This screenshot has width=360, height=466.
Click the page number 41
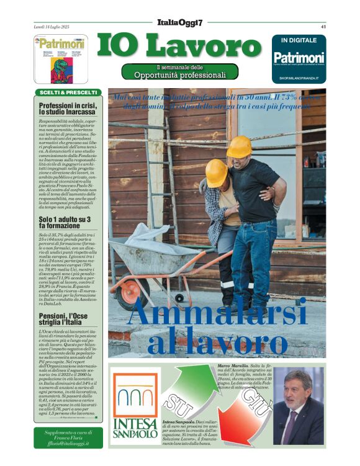(x=323, y=27)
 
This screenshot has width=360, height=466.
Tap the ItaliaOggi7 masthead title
(x=179, y=22)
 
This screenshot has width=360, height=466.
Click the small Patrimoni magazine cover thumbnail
(x=60, y=59)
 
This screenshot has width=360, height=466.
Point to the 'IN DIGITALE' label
(x=299, y=40)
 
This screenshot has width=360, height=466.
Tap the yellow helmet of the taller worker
(x=239, y=147)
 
